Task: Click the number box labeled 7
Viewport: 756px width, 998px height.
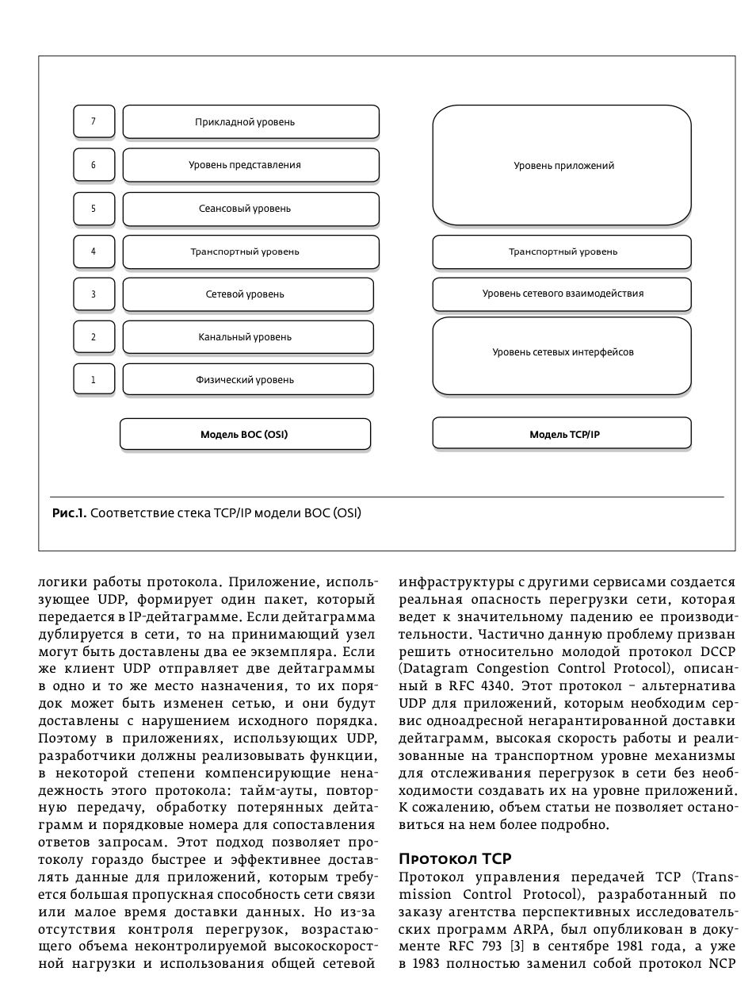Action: (x=94, y=122)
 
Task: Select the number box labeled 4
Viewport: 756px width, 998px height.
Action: (x=94, y=251)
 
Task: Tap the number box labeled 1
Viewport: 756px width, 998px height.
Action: (x=94, y=380)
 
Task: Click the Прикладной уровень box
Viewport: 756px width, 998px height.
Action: (x=250, y=122)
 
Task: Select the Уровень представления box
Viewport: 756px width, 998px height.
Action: (x=250, y=165)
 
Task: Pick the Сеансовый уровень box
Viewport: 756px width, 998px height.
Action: (x=250, y=209)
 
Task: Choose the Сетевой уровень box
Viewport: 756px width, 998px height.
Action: (x=247, y=294)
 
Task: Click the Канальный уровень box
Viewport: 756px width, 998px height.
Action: (x=247, y=337)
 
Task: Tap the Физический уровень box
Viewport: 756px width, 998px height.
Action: (x=247, y=380)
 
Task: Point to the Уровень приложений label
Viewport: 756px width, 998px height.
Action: (x=563, y=166)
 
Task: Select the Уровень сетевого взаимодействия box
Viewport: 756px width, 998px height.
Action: (x=562, y=294)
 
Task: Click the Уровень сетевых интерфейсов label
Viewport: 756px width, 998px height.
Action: (x=563, y=352)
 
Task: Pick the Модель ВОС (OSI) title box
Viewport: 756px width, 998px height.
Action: (x=245, y=435)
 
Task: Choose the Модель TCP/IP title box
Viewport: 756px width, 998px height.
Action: (x=562, y=435)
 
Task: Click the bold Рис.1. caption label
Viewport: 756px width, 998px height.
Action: (x=69, y=513)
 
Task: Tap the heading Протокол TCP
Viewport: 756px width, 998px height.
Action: (x=455, y=859)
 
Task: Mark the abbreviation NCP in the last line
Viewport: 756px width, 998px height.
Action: (x=720, y=964)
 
